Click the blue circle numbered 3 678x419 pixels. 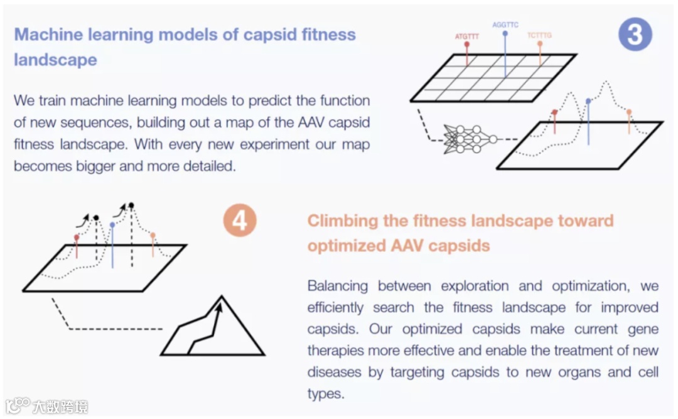[x=635, y=34]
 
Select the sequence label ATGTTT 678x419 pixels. [x=466, y=37]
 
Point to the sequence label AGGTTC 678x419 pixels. [x=505, y=25]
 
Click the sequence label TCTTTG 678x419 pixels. [x=539, y=36]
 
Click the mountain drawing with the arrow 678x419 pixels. [x=213, y=327]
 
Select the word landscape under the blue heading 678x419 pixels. [x=55, y=60]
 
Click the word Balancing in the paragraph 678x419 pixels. [x=338, y=286]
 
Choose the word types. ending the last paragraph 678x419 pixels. [x=326, y=394]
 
